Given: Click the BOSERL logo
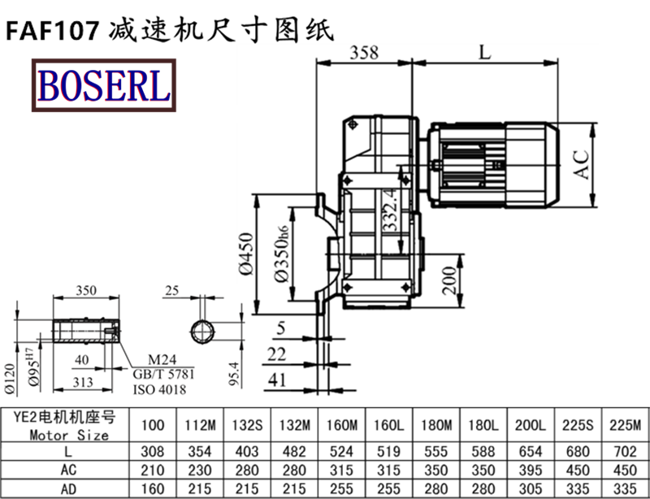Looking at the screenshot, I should point(102,85).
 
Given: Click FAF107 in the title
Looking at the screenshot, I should point(53,29).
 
